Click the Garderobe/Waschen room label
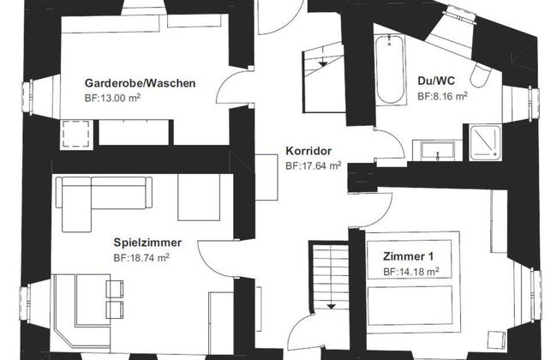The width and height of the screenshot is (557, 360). [x=141, y=83]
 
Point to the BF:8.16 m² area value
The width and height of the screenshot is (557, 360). [x=442, y=97]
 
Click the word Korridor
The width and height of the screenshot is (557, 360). [x=308, y=151]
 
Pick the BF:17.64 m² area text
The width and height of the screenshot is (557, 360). [x=313, y=165]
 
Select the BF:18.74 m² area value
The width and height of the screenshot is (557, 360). [x=141, y=256]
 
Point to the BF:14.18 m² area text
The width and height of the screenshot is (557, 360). [x=411, y=271]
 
